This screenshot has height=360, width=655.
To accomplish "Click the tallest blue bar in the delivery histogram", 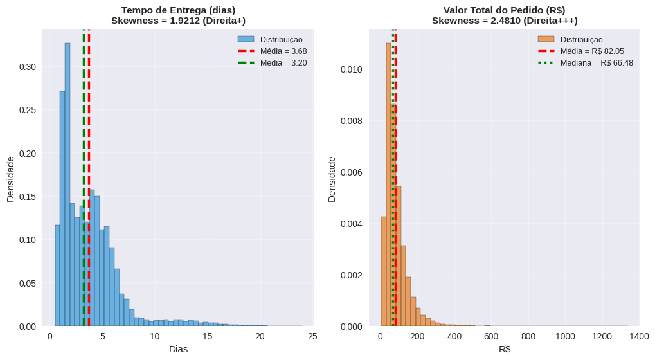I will pos(67,186).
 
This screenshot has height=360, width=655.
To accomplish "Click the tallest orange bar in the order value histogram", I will pos(389,186).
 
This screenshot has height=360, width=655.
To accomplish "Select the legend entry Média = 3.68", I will pos(283,51).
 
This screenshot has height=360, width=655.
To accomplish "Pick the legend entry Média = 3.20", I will pos(283,63).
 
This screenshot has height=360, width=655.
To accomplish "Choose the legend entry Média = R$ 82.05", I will pos(592,51).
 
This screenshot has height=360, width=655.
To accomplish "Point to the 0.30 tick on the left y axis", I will pos(28,67).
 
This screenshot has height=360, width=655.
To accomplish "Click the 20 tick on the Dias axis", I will pos(260,336).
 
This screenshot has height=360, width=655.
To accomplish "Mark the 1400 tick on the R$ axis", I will pos(640,336).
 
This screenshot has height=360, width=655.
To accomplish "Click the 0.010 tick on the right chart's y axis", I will pos(352,69).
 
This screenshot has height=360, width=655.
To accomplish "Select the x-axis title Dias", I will pos(178,349).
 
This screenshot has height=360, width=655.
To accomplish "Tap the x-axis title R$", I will pos(505,349).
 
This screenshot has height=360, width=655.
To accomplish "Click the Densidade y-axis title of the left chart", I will pos(10,179).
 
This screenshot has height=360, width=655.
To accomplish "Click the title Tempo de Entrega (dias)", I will pos(178,10).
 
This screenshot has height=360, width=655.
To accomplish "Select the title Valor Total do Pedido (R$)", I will pos(505,10).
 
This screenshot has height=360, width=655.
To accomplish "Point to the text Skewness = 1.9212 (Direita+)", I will pos(178,21).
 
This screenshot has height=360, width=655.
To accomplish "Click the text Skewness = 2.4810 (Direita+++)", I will pos(505,21).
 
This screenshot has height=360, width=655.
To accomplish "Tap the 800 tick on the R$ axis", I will pos(528,336).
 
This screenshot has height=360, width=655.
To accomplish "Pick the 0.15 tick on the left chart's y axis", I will pos(28,197).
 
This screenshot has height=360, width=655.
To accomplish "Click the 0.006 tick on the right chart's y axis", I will pos(352,172).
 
